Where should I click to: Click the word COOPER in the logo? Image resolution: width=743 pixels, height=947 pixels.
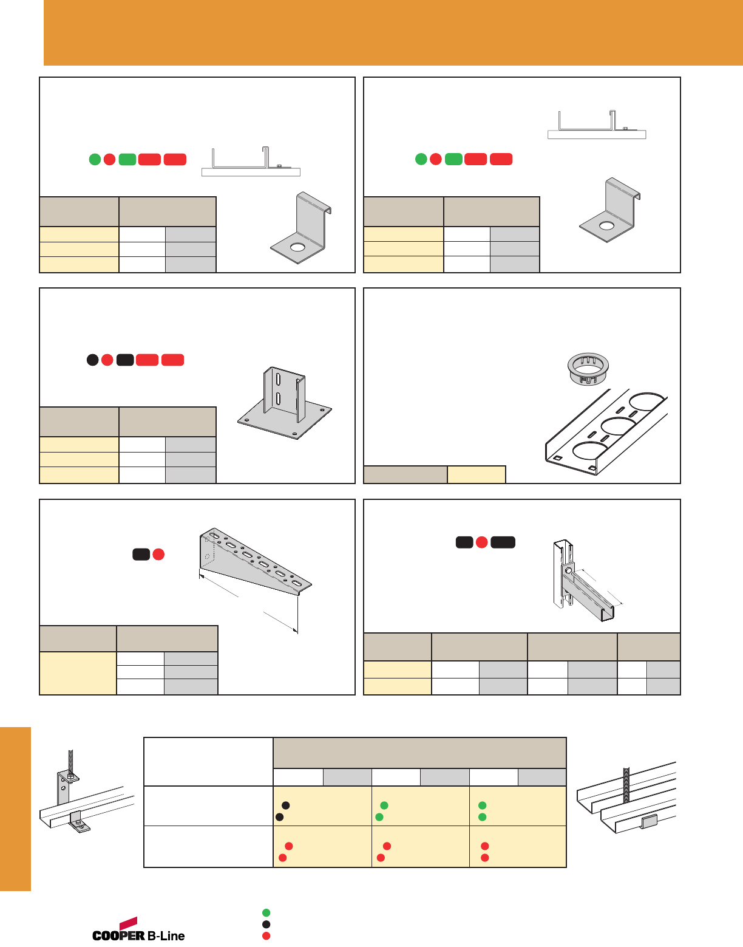tap(118, 935)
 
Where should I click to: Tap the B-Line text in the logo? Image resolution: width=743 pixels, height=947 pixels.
tap(166, 935)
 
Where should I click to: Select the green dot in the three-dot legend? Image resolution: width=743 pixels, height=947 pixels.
tap(266, 912)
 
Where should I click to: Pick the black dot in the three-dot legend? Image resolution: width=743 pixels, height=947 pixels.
tap(266, 924)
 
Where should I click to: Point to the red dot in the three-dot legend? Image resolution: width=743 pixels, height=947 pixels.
tap(266, 935)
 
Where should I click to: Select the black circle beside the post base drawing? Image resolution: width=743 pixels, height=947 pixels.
tap(92, 360)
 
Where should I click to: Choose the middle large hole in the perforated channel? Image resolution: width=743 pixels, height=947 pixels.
tap(619, 426)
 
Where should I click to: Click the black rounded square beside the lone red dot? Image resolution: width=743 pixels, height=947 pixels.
tap(141, 555)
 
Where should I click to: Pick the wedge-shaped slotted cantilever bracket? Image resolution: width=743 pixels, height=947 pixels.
tap(256, 561)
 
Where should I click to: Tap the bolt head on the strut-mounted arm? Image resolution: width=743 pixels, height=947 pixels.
tap(568, 570)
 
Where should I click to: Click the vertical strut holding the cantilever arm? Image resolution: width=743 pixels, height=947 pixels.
tap(563, 573)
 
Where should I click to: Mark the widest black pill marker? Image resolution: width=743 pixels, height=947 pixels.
tap(503, 542)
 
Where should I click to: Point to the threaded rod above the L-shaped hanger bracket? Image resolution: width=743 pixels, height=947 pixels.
tap(70, 761)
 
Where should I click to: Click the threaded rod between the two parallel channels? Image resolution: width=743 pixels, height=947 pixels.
tap(626, 784)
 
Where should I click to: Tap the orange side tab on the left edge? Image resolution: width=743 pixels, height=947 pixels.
tap(15, 809)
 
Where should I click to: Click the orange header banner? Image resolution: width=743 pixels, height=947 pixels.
tap(393, 33)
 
